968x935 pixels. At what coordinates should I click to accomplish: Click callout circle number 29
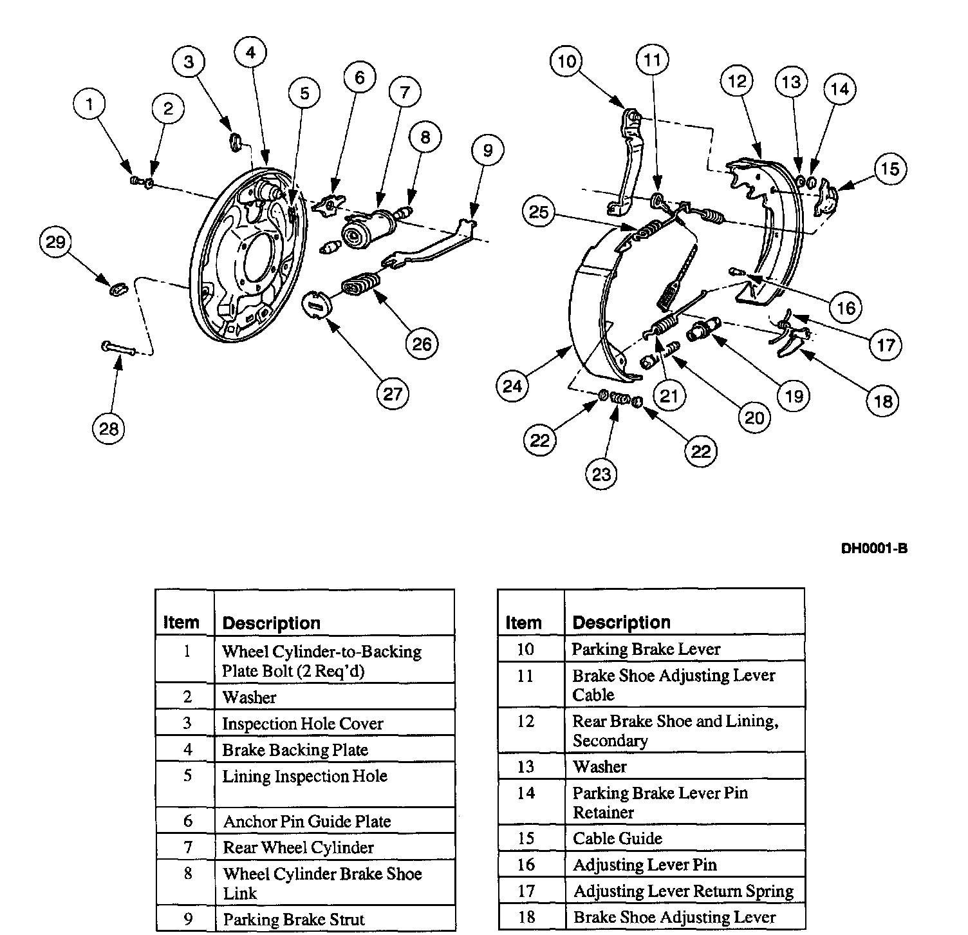pos(56,242)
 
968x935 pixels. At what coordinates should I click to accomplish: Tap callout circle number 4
pos(251,52)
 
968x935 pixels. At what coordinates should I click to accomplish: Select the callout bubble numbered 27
pos(393,393)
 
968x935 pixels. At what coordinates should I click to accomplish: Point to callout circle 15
pos(890,169)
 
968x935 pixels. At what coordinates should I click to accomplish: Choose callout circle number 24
pos(513,386)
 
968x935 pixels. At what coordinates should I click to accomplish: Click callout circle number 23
pos(601,474)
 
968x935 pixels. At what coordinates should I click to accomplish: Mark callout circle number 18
pos(883,401)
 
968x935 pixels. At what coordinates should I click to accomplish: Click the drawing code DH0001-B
pos(875,549)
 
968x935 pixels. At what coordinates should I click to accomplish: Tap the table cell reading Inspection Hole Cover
pos(302,724)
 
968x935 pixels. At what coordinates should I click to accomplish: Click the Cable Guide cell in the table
pos(617,838)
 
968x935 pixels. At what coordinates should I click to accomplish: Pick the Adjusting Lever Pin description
pos(644,865)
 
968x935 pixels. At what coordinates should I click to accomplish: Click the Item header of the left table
pos(181,622)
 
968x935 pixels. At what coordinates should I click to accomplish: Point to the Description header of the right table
pos(621,622)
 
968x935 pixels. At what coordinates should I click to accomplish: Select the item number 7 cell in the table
pos(187,847)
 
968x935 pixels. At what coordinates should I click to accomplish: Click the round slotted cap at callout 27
pos(316,303)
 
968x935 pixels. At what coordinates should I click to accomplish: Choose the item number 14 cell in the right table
pos(526,793)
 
